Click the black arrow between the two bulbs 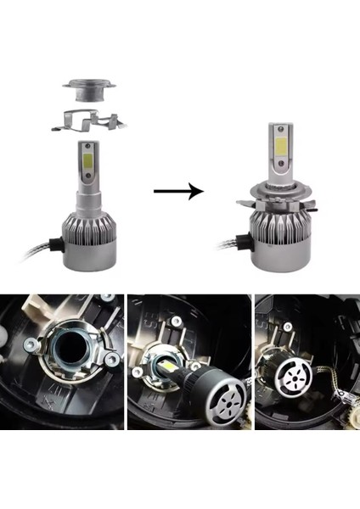tap(178, 192)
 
